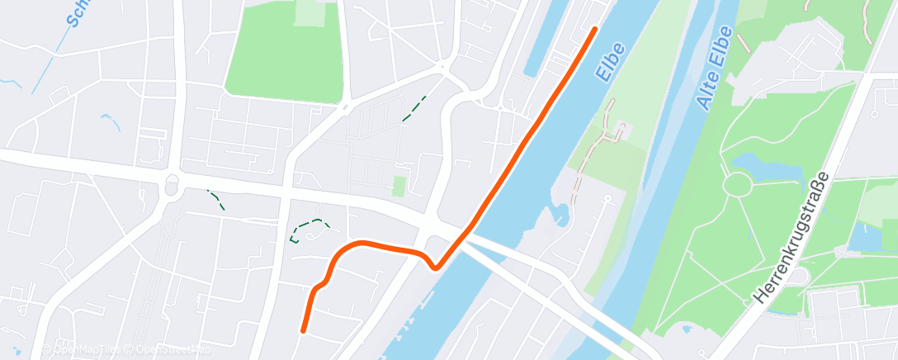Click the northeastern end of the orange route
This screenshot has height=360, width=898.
pyautogui.click(x=594, y=30)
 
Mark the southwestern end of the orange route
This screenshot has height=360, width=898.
pyautogui.click(x=304, y=331)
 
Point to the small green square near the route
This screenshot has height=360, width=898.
pyautogui.click(x=399, y=187)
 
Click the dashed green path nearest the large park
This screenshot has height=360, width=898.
pyautogui.click(x=414, y=108)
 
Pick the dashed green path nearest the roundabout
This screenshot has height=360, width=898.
pyautogui.click(x=215, y=199)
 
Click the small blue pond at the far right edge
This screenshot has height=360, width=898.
pyautogui.click(x=867, y=235)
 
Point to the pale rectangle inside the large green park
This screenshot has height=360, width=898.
pyautogui.click(x=310, y=12)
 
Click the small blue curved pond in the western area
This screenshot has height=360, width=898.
pyautogui.click(x=111, y=121)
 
